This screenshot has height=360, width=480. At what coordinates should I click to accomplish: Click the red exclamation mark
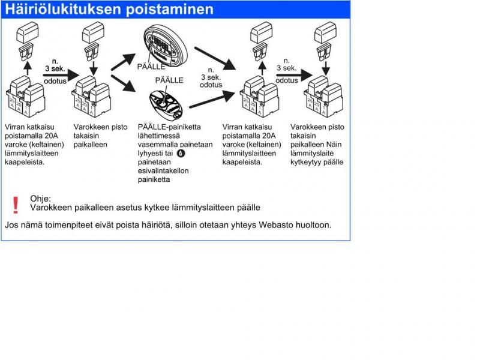[x=16, y=205]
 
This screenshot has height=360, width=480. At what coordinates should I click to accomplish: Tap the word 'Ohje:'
[x=41, y=199]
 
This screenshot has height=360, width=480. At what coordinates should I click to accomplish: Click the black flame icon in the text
[x=182, y=153]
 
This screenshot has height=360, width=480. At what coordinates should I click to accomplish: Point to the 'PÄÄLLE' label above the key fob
[x=170, y=80]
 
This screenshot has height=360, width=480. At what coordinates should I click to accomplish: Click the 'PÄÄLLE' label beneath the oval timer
[x=151, y=67]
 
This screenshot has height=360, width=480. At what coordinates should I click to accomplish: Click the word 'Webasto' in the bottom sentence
[x=275, y=225]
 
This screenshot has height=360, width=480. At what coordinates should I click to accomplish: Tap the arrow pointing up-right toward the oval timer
[x=125, y=61]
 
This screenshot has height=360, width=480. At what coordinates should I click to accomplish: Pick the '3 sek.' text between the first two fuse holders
[x=55, y=68]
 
